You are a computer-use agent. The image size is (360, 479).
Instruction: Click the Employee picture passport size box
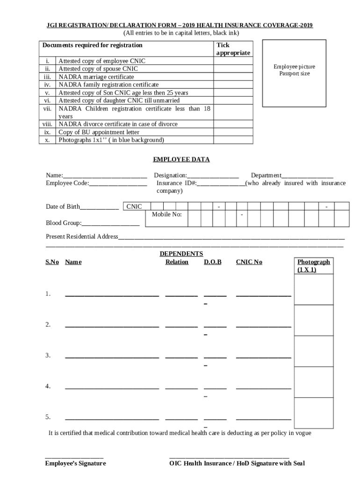295,73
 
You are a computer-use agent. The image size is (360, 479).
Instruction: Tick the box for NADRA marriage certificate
233,77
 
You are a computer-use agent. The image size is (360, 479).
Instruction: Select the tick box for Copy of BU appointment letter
233,132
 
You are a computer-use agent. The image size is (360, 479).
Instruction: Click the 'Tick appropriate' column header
233,49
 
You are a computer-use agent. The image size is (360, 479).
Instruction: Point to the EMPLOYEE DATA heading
181,160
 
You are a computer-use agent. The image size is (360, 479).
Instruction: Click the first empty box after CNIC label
157,207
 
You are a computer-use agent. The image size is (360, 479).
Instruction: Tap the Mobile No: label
167,215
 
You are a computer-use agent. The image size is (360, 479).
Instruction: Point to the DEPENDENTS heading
181,254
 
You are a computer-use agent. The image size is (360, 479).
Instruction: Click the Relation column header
177,262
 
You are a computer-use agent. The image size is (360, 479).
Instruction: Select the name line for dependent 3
112,357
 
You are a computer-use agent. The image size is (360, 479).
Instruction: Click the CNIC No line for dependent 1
264,295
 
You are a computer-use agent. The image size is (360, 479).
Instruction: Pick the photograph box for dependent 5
314,413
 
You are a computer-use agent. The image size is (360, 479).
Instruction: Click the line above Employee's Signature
74,457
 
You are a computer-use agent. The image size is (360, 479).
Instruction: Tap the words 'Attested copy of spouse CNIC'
98,69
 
